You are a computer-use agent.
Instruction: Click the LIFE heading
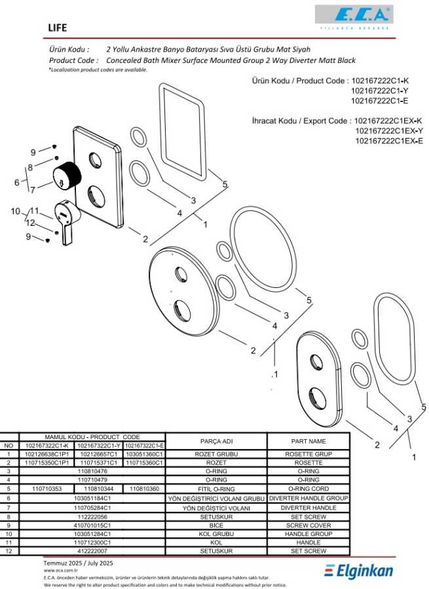point(58,27)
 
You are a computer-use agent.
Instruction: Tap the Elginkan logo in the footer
point(359,571)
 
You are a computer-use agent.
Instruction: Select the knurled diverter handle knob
point(67,177)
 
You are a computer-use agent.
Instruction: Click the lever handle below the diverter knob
point(67,221)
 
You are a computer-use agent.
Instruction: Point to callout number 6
point(17,182)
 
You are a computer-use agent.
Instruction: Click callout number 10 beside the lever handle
point(15,211)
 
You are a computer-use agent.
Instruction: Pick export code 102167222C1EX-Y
point(389,131)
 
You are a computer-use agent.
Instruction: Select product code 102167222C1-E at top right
point(379,101)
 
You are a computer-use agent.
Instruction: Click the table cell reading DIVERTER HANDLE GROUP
point(308,498)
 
